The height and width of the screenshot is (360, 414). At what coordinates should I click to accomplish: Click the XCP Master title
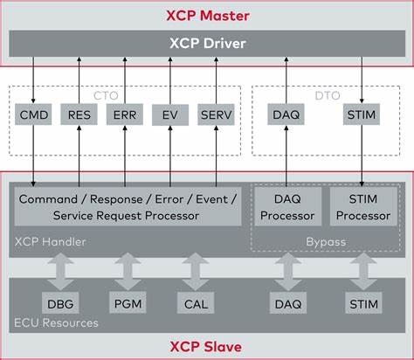coord(207,16)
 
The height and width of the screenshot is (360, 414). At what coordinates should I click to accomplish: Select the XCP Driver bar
coord(207,43)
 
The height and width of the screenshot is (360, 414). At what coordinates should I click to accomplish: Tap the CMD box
coord(34,115)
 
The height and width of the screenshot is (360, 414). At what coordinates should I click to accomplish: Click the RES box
coord(79,115)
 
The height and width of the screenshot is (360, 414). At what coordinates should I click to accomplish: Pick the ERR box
coord(124,115)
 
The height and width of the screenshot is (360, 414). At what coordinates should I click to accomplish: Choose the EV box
coord(169,115)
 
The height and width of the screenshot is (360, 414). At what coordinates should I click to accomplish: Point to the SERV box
coord(215,115)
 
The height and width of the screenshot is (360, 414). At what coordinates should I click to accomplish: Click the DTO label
coord(327,93)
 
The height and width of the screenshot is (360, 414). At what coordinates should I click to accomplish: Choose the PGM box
coord(128,303)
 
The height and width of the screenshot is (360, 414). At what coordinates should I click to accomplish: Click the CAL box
coord(197,303)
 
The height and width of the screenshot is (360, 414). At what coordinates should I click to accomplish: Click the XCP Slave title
coord(207,345)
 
